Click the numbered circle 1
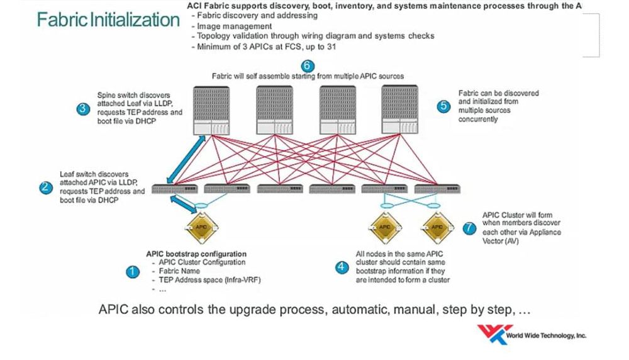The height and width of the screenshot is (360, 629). pos(132,272)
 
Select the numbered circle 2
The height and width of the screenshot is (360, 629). pos(45,187)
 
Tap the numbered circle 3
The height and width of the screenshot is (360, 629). pos(83,108)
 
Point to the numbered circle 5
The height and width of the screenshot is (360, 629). pos(444,106)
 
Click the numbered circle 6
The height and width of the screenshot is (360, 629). pos(307,65)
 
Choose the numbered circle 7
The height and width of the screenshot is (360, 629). pos(469,228)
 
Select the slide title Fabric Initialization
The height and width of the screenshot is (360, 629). pos(108,20)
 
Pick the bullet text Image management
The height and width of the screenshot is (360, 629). pos(235,26)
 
